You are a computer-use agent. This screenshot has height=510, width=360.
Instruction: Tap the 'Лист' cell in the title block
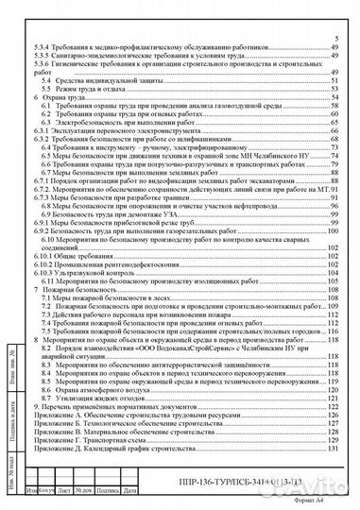(x=63, y=490)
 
